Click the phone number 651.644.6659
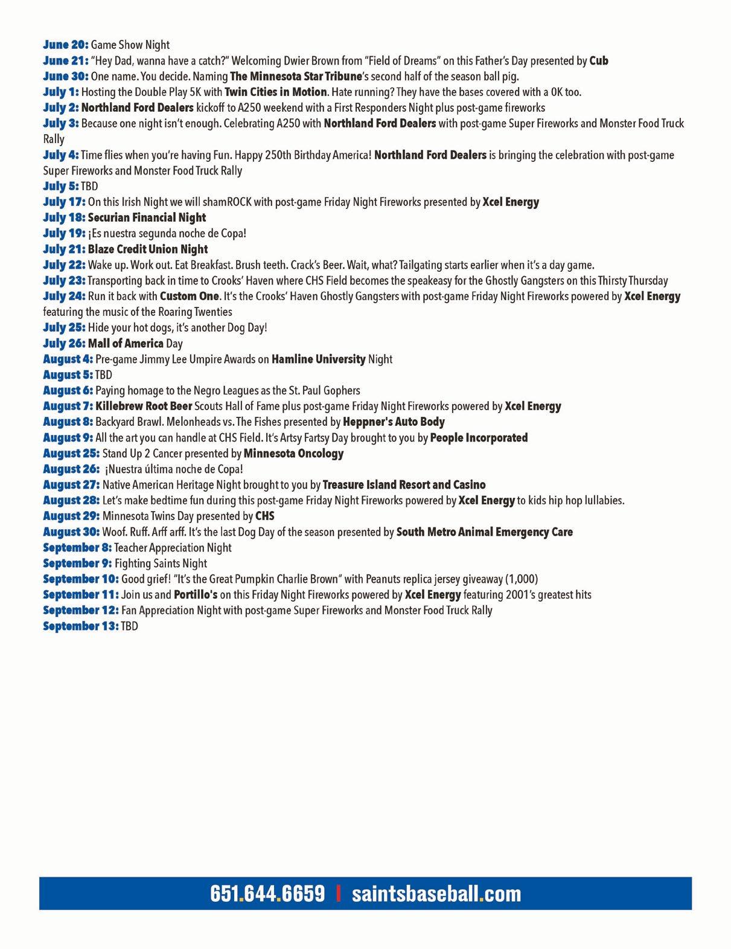point(267,893)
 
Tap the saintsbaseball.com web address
point(436,893)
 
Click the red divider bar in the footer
point(339,893)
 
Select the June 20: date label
point(66,45)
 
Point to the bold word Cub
point(599,60)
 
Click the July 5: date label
point(61,186)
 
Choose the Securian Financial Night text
point(147,217)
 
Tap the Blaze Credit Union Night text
point(148,249)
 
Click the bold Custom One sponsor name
point(189,296)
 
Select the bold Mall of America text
point(126,343)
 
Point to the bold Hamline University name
point(318,359)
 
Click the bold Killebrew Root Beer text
point(144,406)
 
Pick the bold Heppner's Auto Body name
point(394,422)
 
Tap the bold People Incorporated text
point(479,437)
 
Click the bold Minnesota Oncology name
point(293,453)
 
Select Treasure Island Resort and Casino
point(404,484)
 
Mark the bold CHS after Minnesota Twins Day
point(264,516)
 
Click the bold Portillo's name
point(196,594)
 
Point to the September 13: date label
point(81,626)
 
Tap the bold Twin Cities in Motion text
point(276,92)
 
